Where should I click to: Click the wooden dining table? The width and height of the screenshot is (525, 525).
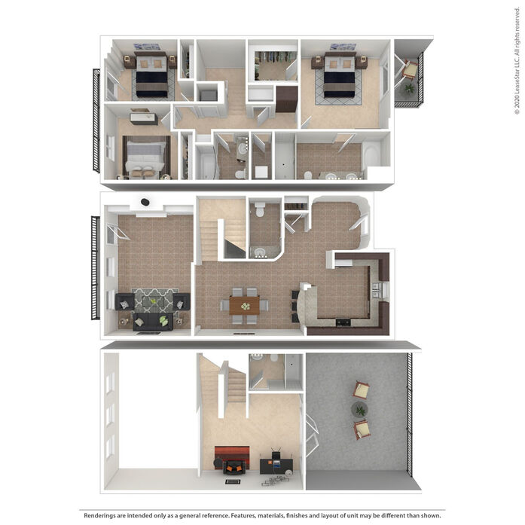pos(244,305)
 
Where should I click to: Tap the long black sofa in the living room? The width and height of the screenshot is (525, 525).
pos(153,322)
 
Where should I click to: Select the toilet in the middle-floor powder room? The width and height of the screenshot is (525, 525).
pos(260,209)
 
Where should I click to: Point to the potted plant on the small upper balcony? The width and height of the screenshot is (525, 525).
pos(409,89)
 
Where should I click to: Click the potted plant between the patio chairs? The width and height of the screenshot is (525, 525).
pos(359,409)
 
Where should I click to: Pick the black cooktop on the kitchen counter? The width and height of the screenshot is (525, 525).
pos(343,322)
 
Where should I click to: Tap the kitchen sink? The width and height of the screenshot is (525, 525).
pos(376,290)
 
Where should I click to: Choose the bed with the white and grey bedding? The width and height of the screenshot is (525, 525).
pos(146,157)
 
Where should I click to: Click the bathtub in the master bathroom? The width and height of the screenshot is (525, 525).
pos(371,154)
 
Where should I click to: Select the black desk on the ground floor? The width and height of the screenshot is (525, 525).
pos(276,465)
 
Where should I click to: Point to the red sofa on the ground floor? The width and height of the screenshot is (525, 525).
pos(232,453)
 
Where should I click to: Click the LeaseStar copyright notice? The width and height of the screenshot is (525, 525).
pos(517,60)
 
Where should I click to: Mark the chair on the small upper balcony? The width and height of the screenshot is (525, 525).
pos(410,69)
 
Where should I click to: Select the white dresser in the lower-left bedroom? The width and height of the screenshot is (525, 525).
pos(144,118)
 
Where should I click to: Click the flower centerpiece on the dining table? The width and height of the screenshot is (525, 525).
pos(246,306)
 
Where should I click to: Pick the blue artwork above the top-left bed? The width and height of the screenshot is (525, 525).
pos(147,47)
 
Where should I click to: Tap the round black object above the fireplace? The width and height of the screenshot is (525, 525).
pos(145,202)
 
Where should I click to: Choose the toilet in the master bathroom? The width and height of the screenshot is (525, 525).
pos(308,175)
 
